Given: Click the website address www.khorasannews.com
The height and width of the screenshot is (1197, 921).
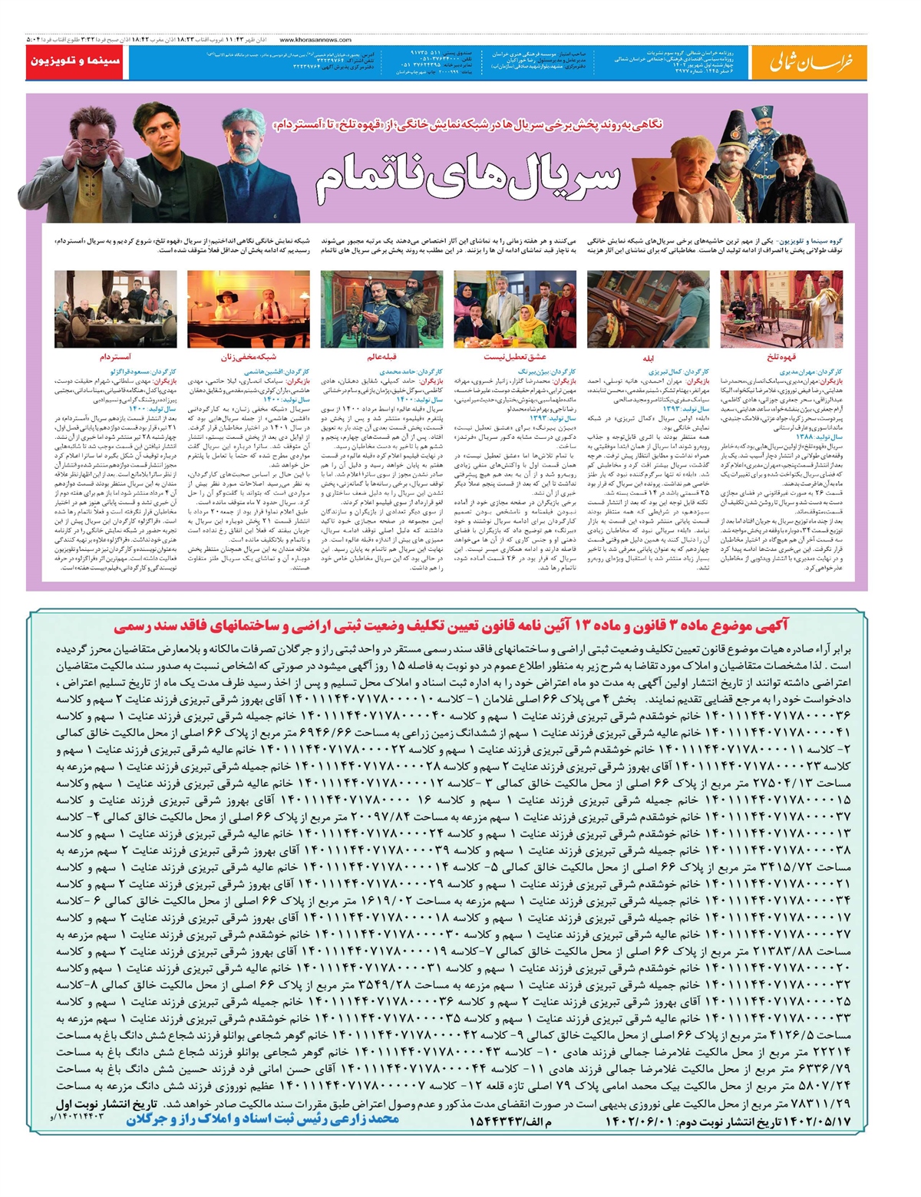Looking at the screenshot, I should [x=315, y=40].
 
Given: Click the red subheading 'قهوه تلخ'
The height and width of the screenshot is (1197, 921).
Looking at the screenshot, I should [x=782, y=358].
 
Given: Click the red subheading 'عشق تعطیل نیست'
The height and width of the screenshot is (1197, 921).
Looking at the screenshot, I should [x=515, y=358].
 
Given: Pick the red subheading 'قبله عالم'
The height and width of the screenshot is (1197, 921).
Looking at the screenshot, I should [x=381, y=358].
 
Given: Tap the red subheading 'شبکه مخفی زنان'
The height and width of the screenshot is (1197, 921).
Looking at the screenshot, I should [x=248, y=358].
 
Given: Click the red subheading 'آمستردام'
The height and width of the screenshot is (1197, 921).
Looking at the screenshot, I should [x=115, y=358].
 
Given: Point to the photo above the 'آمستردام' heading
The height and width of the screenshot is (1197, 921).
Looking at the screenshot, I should [x=116, y=309].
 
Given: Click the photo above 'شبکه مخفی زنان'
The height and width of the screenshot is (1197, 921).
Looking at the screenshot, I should [x=248, y=309].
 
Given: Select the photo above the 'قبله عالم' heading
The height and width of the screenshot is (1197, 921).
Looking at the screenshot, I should [x=381, y=309].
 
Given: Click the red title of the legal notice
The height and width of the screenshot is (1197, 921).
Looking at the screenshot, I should [x=451, y=627].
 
